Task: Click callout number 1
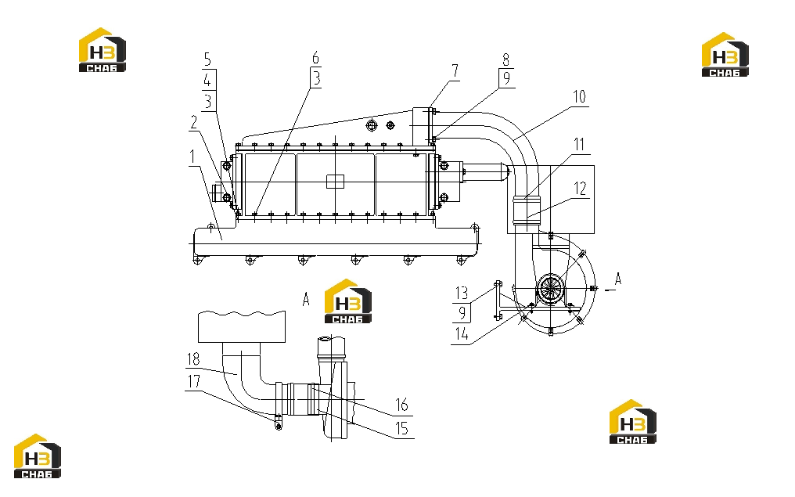(x=192, y=157)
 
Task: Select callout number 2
(x=194, y=123)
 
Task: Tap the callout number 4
(x=207, y=80)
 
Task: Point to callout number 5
(x=207, y=59)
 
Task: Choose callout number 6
(x=316, y=58)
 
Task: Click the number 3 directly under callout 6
(x=316, y=78)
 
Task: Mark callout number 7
(x=455, y=71)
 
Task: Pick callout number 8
(x=505, y=59)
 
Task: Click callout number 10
(x=579, y=96)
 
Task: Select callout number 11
(x=579, y=145)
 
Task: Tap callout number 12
(x=580, y=189)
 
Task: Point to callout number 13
(x=462, y=294)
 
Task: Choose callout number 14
(x=462, y=333)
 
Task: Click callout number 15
(x=401, y=429)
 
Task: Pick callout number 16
(x=401, y=405)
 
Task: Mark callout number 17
(x=194, y=381)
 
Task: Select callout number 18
(x=194, y=359)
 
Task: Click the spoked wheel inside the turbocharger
(x=551, y=289)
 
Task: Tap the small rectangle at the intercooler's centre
(x=335, y=182)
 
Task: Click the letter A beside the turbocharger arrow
(x=617, y=279)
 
